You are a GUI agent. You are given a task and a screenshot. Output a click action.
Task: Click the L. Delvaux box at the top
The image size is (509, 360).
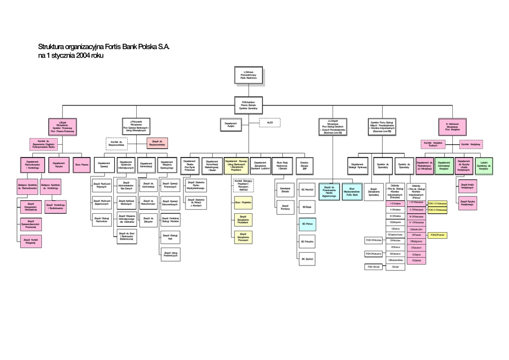249,75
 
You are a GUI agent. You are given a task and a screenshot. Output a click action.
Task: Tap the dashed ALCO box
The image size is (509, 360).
270,122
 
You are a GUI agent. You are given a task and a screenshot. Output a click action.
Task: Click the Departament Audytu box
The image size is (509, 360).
231,125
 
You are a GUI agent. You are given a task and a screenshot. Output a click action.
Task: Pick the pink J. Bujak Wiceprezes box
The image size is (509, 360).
63,127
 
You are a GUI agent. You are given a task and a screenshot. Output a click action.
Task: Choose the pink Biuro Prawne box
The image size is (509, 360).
82,165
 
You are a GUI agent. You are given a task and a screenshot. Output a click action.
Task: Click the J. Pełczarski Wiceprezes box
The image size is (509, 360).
136,126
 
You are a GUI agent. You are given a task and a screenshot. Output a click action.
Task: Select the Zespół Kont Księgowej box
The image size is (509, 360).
31,241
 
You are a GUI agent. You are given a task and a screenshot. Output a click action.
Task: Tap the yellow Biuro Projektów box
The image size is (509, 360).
243,202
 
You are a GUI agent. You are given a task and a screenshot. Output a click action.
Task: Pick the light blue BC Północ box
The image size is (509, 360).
307,224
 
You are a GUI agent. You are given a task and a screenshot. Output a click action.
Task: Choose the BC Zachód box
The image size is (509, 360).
307,259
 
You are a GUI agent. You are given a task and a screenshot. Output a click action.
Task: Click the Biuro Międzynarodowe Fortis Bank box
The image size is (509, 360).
352,191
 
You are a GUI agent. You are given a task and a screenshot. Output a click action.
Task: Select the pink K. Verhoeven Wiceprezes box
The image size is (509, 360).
452,126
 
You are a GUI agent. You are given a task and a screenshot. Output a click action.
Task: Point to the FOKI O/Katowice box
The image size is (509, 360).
373,254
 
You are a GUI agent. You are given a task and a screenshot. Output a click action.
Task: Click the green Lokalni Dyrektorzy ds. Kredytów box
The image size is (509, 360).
484,165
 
